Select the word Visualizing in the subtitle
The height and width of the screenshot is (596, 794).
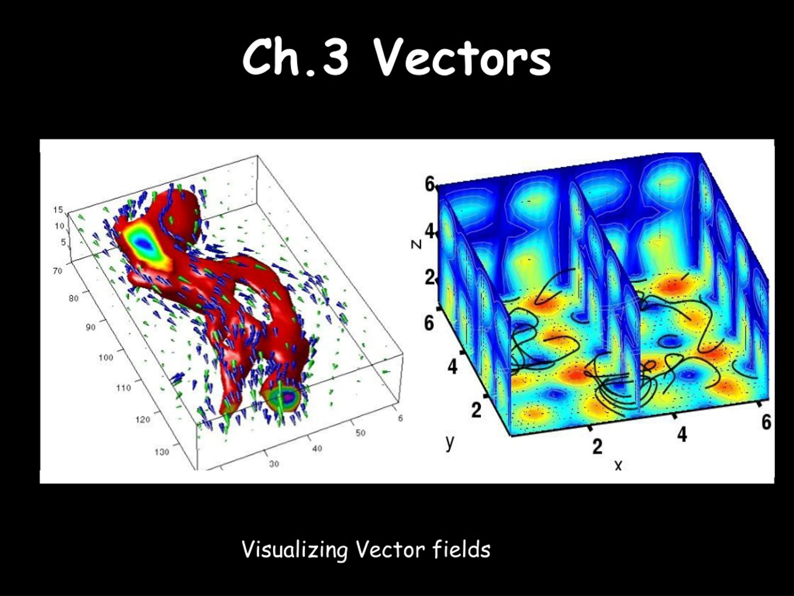click(x=295, y=549)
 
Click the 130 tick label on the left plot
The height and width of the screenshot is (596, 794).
click(x=162, y=452)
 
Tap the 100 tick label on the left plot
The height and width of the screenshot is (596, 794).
click(x=105, y=358)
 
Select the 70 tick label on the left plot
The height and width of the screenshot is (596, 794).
click(x=57, y=271)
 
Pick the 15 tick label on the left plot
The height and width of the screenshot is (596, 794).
click(x=58, y=210)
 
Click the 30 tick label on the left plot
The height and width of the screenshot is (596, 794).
click(x=274, y=464)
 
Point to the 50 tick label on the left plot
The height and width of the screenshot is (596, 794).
click(x=360, y=433)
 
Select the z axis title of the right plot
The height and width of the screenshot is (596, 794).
click(x=416, y=244)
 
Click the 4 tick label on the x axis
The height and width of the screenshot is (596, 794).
click(x=682, y=434)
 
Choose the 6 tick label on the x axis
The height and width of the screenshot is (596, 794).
click(x=766, y=422)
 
